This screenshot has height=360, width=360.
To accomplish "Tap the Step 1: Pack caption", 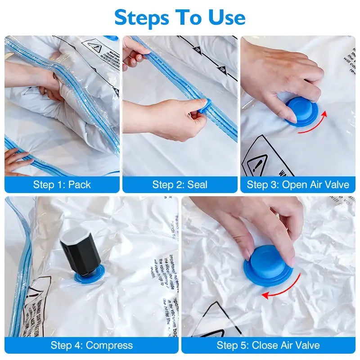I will pos(62,184).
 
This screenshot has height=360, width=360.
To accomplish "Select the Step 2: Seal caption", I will pos(180,184).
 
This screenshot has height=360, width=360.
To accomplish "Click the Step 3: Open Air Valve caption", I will pos(298,184).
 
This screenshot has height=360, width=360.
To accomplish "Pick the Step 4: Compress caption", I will pos(91,345).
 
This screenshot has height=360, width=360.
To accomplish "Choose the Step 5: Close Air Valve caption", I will pos(268,345).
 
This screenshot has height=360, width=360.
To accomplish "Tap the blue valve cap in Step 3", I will pos(302,111).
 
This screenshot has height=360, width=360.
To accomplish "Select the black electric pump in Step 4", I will pos(81,252).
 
